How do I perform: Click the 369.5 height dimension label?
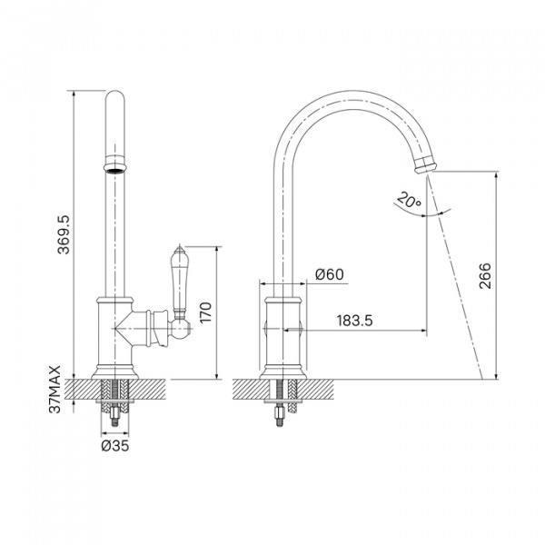pyautogui.click(x=64, y=234)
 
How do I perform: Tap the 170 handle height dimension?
pyautogui.click(x=205, y=312)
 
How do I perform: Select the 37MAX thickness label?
pyautogui.click(x=54, y=389)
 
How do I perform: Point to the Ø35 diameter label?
pyautogui.click(x=115, y=446)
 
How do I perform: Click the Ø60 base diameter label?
pyautogui.click(x=329, y=274)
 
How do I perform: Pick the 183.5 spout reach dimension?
pyautogui.click(x=354, y=320)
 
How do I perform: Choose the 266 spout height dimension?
pyautogui.click(x=485, y=275)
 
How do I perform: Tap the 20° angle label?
pyautogui.click(x=409, y=200)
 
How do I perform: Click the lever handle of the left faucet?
pyautogui.click(x=179, y=282)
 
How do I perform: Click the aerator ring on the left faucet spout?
pyautogui.click(x=115, y=163)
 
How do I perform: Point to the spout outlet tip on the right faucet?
pyautogui.click(x=424, y=164)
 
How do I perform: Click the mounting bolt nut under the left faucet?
pyautogui.click(x=114, y=413)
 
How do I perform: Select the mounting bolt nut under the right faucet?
pyautogui.click(x=280, y=412)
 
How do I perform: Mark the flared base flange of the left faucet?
pyautogui.click(x=115, y=372)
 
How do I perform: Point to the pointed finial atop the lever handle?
pyautogui.click(x=179, y=248)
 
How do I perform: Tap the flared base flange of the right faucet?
pyautogui.click(x=282, y=372)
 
